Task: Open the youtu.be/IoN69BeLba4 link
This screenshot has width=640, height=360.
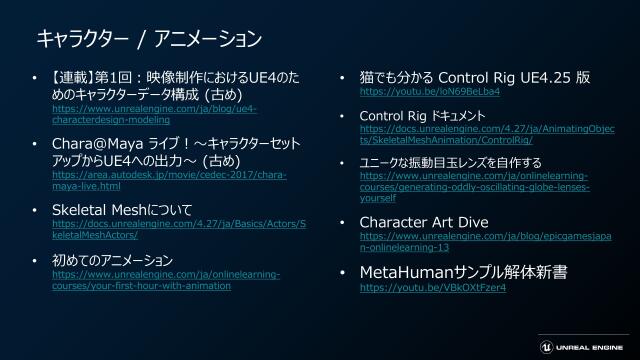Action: [x=430, y=91]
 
